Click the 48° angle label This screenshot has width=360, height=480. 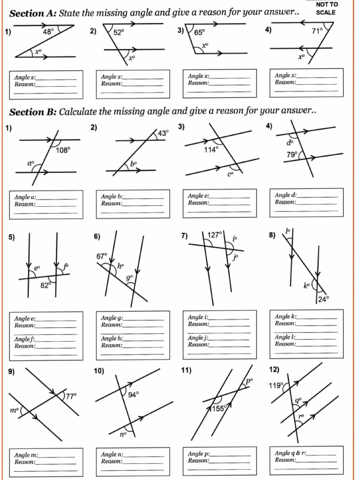[x=49, y=32]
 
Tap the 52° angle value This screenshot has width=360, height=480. [x=119, y=32]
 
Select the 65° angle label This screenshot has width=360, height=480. [x=200, y=32]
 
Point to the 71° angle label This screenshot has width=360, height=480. [x=317, y=32]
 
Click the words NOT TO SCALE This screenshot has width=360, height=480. [x=327, y=8]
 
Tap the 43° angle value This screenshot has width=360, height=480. [x=163, y=134]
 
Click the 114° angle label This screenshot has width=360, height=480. [x=211, y=150]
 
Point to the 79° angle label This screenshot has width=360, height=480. [x=292, y=154]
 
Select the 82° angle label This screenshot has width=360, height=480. [x=45, y=286]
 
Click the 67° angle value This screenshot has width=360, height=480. [x=102, y=256]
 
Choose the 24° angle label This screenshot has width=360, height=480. [x=323, y=300]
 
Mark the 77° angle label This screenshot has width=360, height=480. [x=70, y=396]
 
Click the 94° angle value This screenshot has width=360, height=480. [x=133, y=395]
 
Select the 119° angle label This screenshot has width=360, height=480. [x=276, y=386]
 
